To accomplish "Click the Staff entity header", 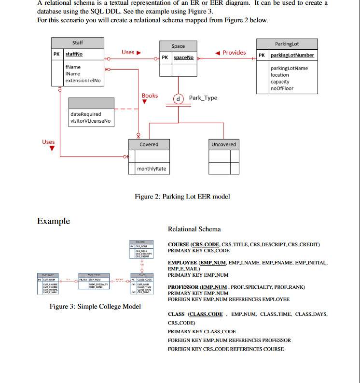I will [x=77, y=43].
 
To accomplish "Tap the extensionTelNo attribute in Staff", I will [x=83, y=80].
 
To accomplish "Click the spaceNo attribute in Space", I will [x=183, y=57].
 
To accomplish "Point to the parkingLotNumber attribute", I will [x=292, y=55].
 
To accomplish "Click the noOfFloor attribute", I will [x=282, y=88].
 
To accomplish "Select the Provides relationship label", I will [x=234, y=53].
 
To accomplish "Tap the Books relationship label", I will [x=150, y=96].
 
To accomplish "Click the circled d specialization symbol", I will [x=179, y=99].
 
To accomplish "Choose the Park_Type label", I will [x=203, y=98].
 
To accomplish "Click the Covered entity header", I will [x=149, y=144].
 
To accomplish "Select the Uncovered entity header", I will [x=224, y=144].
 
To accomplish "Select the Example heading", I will [x=54, y=221].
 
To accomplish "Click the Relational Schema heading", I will [x=194, y=229].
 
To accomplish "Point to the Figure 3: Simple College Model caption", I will [x=96, y=306].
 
